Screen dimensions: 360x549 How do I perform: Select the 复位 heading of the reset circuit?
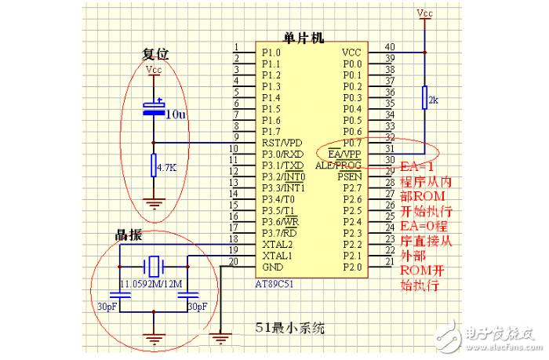tap(155, 55)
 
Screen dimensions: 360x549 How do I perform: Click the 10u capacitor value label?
tap(176, 115)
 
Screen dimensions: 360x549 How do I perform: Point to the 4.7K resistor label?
tap(166, 168)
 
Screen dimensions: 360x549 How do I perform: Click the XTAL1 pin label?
tap(276, 255)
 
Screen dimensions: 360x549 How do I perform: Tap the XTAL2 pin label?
tap(276, 244)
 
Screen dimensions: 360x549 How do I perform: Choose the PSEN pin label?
tap(350, 177)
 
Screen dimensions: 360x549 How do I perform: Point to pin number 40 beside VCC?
tap(390, 48)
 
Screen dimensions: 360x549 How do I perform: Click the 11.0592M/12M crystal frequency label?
tap(151, 283)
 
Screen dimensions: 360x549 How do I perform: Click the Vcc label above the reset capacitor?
tap(154, 71)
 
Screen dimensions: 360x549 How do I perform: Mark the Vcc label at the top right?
tap(424, 13)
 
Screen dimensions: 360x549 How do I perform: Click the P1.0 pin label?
tap(271, 53)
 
